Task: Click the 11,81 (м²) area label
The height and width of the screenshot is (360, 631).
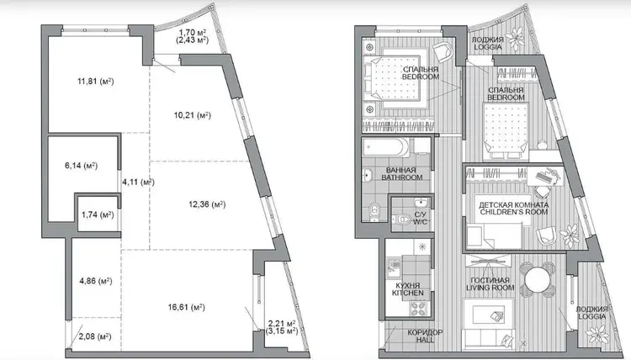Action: pos(95,82)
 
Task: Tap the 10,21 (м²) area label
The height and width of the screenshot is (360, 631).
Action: pos(193,115)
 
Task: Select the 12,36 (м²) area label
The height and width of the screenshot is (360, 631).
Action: pos(207,204)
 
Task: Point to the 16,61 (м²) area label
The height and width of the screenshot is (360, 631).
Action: pos(186,308)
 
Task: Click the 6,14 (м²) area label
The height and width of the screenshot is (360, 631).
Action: pos(81,166)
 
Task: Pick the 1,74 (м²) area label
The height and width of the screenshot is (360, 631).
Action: pos(98,214)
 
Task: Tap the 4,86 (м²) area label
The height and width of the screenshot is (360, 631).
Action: pos(96,281)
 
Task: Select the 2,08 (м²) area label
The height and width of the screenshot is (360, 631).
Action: pos(95,336)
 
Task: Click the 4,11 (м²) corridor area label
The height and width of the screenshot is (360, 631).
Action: pos(138,183)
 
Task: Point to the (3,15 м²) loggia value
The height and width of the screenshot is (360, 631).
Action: pos(282,331)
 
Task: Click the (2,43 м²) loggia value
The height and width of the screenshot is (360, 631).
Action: pos(193,40)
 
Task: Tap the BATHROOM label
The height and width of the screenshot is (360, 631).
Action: pos(402,177)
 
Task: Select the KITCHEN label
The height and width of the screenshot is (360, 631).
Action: pos(408,293)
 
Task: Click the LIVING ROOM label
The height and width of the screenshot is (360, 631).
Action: pos(490,288)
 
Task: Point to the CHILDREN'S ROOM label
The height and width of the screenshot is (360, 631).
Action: pos(514,212)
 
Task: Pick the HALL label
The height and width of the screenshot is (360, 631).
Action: pos(425,340)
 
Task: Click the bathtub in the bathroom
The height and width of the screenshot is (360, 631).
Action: pos(385,148)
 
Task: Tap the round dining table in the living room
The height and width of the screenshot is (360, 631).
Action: pos(537,278)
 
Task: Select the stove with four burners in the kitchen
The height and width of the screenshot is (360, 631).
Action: pos(419,308)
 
